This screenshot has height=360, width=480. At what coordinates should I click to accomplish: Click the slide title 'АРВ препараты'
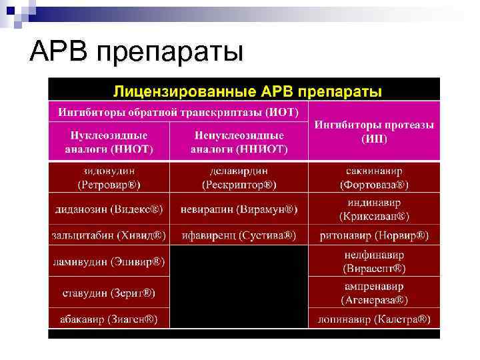click(137, 52)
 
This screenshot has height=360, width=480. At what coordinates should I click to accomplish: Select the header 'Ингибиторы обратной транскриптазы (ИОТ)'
click(179, 111)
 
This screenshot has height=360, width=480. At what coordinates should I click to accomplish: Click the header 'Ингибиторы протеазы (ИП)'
click(374, 131)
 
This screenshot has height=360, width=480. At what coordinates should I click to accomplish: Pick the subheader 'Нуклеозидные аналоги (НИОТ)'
click(109, 142)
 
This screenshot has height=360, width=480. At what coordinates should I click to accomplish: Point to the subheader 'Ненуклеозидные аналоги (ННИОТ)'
click(239, 142)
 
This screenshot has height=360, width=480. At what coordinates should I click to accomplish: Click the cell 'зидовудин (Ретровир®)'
click(109, 177)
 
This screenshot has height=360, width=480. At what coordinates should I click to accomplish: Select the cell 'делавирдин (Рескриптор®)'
click(239, 177)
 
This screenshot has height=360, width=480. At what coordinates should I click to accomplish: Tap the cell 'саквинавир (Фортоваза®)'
click(374, 177)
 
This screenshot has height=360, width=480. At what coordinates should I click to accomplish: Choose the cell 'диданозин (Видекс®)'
click(109, 209)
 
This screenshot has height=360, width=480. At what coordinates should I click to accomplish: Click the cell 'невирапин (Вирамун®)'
click(239, 209)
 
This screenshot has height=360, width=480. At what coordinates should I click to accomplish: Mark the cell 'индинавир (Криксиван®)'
click(374, 209)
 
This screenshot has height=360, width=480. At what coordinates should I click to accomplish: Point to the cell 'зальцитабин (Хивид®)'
click(109, 235)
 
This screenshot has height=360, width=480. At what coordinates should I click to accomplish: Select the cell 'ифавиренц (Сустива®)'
click(239, 235)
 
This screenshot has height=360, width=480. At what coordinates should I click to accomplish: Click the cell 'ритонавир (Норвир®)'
click(374, 235)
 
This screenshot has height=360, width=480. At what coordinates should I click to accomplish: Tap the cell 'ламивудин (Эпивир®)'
click(109, 261)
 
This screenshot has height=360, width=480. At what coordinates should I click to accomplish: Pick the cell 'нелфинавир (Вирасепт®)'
click(374, 261)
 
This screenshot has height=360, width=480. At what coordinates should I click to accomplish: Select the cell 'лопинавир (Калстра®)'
click(374, 319)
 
